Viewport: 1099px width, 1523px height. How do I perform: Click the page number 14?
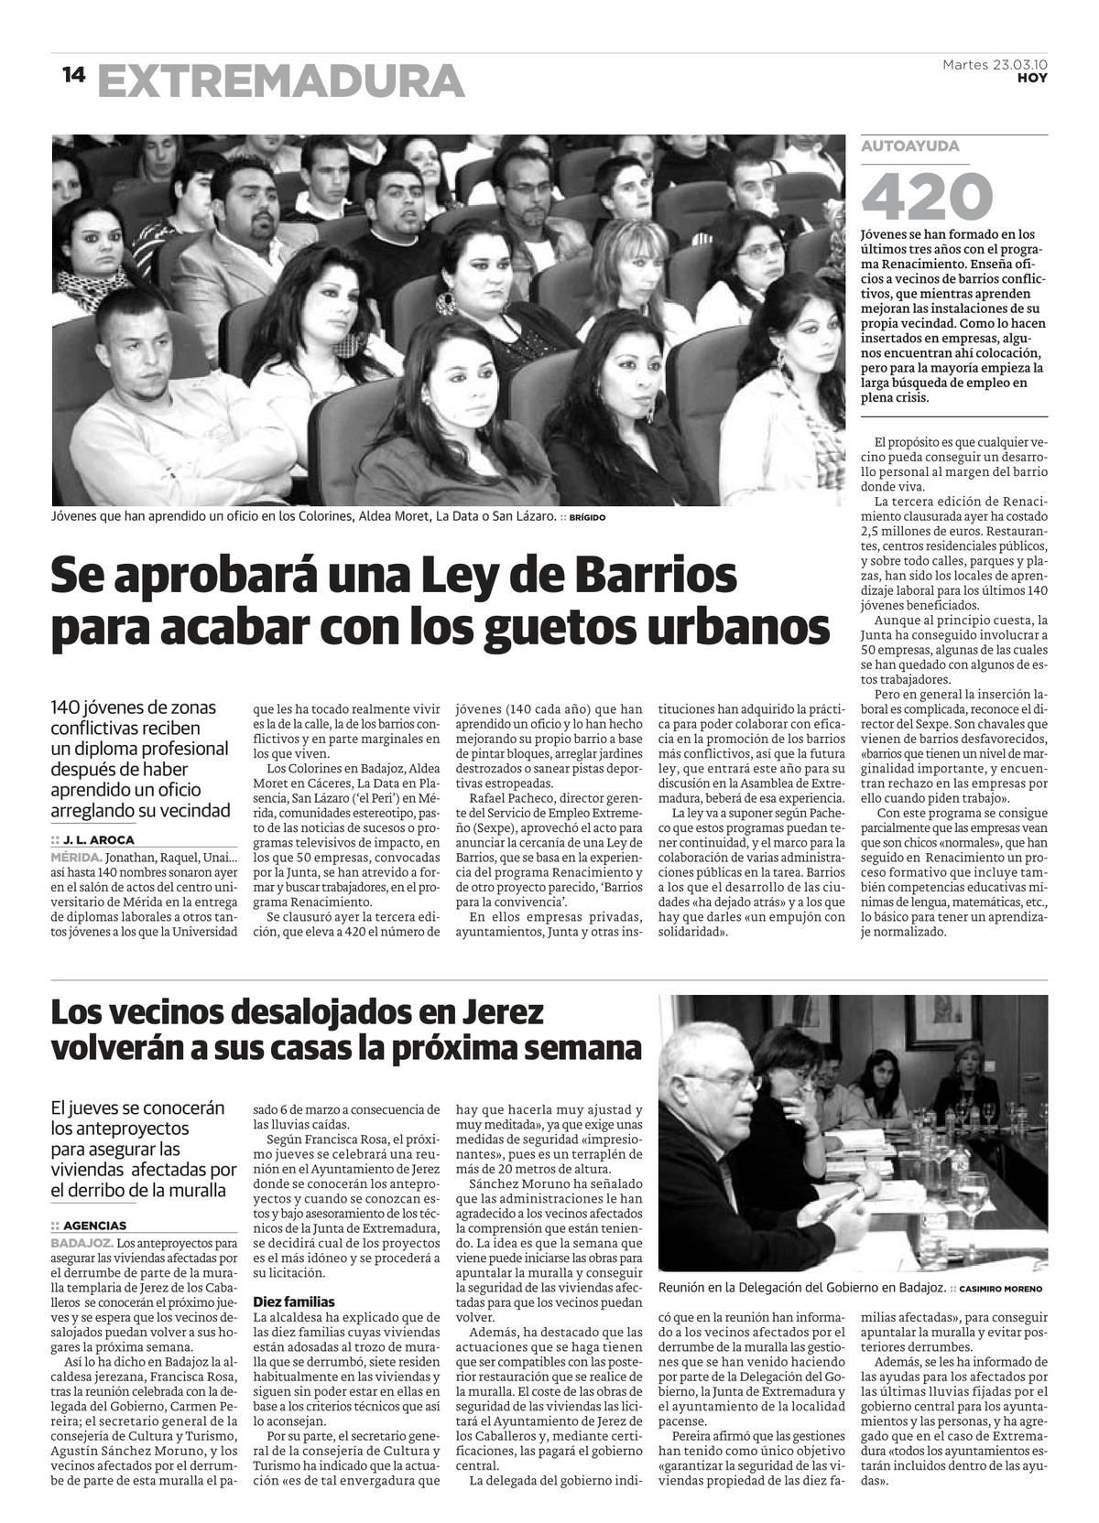point(73,75)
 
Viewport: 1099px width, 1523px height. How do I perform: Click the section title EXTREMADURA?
point(280,81)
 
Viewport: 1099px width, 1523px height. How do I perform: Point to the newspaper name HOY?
point(1032,79)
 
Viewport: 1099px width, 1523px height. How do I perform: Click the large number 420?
point(927,195)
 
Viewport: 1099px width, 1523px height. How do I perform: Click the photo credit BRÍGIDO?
point(587,517)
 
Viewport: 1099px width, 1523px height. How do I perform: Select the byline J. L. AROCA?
point(98,839)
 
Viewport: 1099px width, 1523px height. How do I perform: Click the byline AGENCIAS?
point(94,1226)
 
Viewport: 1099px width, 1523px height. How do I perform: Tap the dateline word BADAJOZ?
point(82,1243)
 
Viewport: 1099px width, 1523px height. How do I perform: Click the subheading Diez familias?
point(294,1302)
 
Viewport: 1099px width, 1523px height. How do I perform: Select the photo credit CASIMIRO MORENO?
point(1001,1289)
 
